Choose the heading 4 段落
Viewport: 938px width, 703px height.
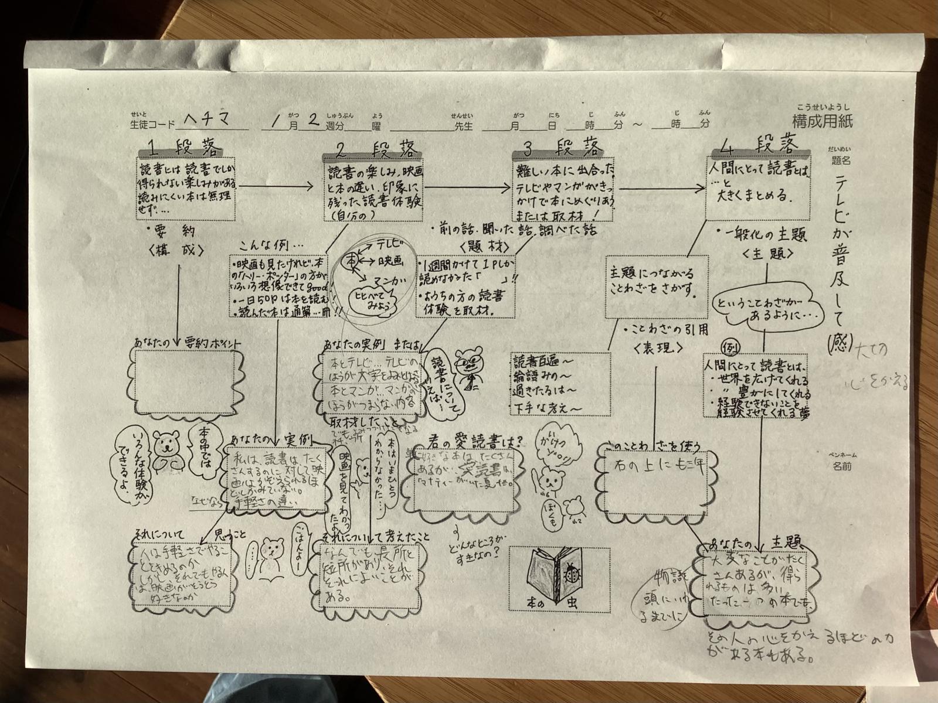pyautogui.click(x=760, y=144)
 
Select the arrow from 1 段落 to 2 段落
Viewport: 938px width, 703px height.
pyautogui.click(x=278, y=186)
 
